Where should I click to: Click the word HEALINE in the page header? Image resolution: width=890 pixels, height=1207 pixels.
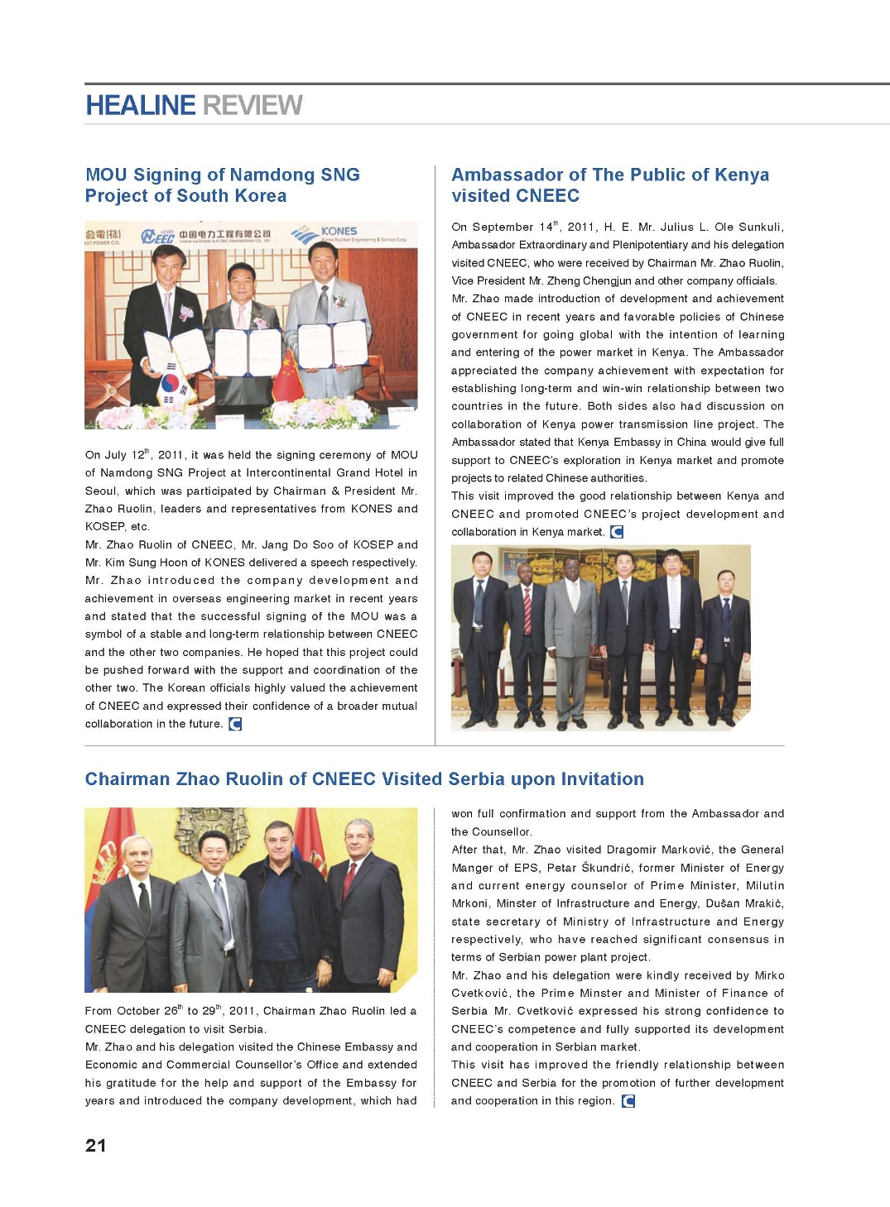point(140,105)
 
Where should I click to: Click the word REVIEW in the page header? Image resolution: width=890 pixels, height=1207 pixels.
point(253,105)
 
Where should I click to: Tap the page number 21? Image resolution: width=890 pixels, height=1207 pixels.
point(95,1145)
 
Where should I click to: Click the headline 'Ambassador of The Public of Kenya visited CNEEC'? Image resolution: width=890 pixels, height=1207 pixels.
point(609,184)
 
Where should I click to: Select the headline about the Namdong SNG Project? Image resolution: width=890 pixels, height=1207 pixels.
point(222,184)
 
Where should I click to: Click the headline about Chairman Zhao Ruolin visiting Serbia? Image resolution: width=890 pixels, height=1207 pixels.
point(364,778)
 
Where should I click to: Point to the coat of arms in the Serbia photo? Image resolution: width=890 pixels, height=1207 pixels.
point(213,832)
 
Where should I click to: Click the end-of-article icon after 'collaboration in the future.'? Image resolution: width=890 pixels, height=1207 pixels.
point(235,724)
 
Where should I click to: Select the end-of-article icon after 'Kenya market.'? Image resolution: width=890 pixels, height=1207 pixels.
point(616,532)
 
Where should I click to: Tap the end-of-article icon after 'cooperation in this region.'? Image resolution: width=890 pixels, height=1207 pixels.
point(628,1100)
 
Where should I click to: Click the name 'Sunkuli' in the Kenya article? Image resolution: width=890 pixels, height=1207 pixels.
point(759,227)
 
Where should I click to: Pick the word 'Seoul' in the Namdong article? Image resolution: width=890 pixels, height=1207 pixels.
point(101,491)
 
